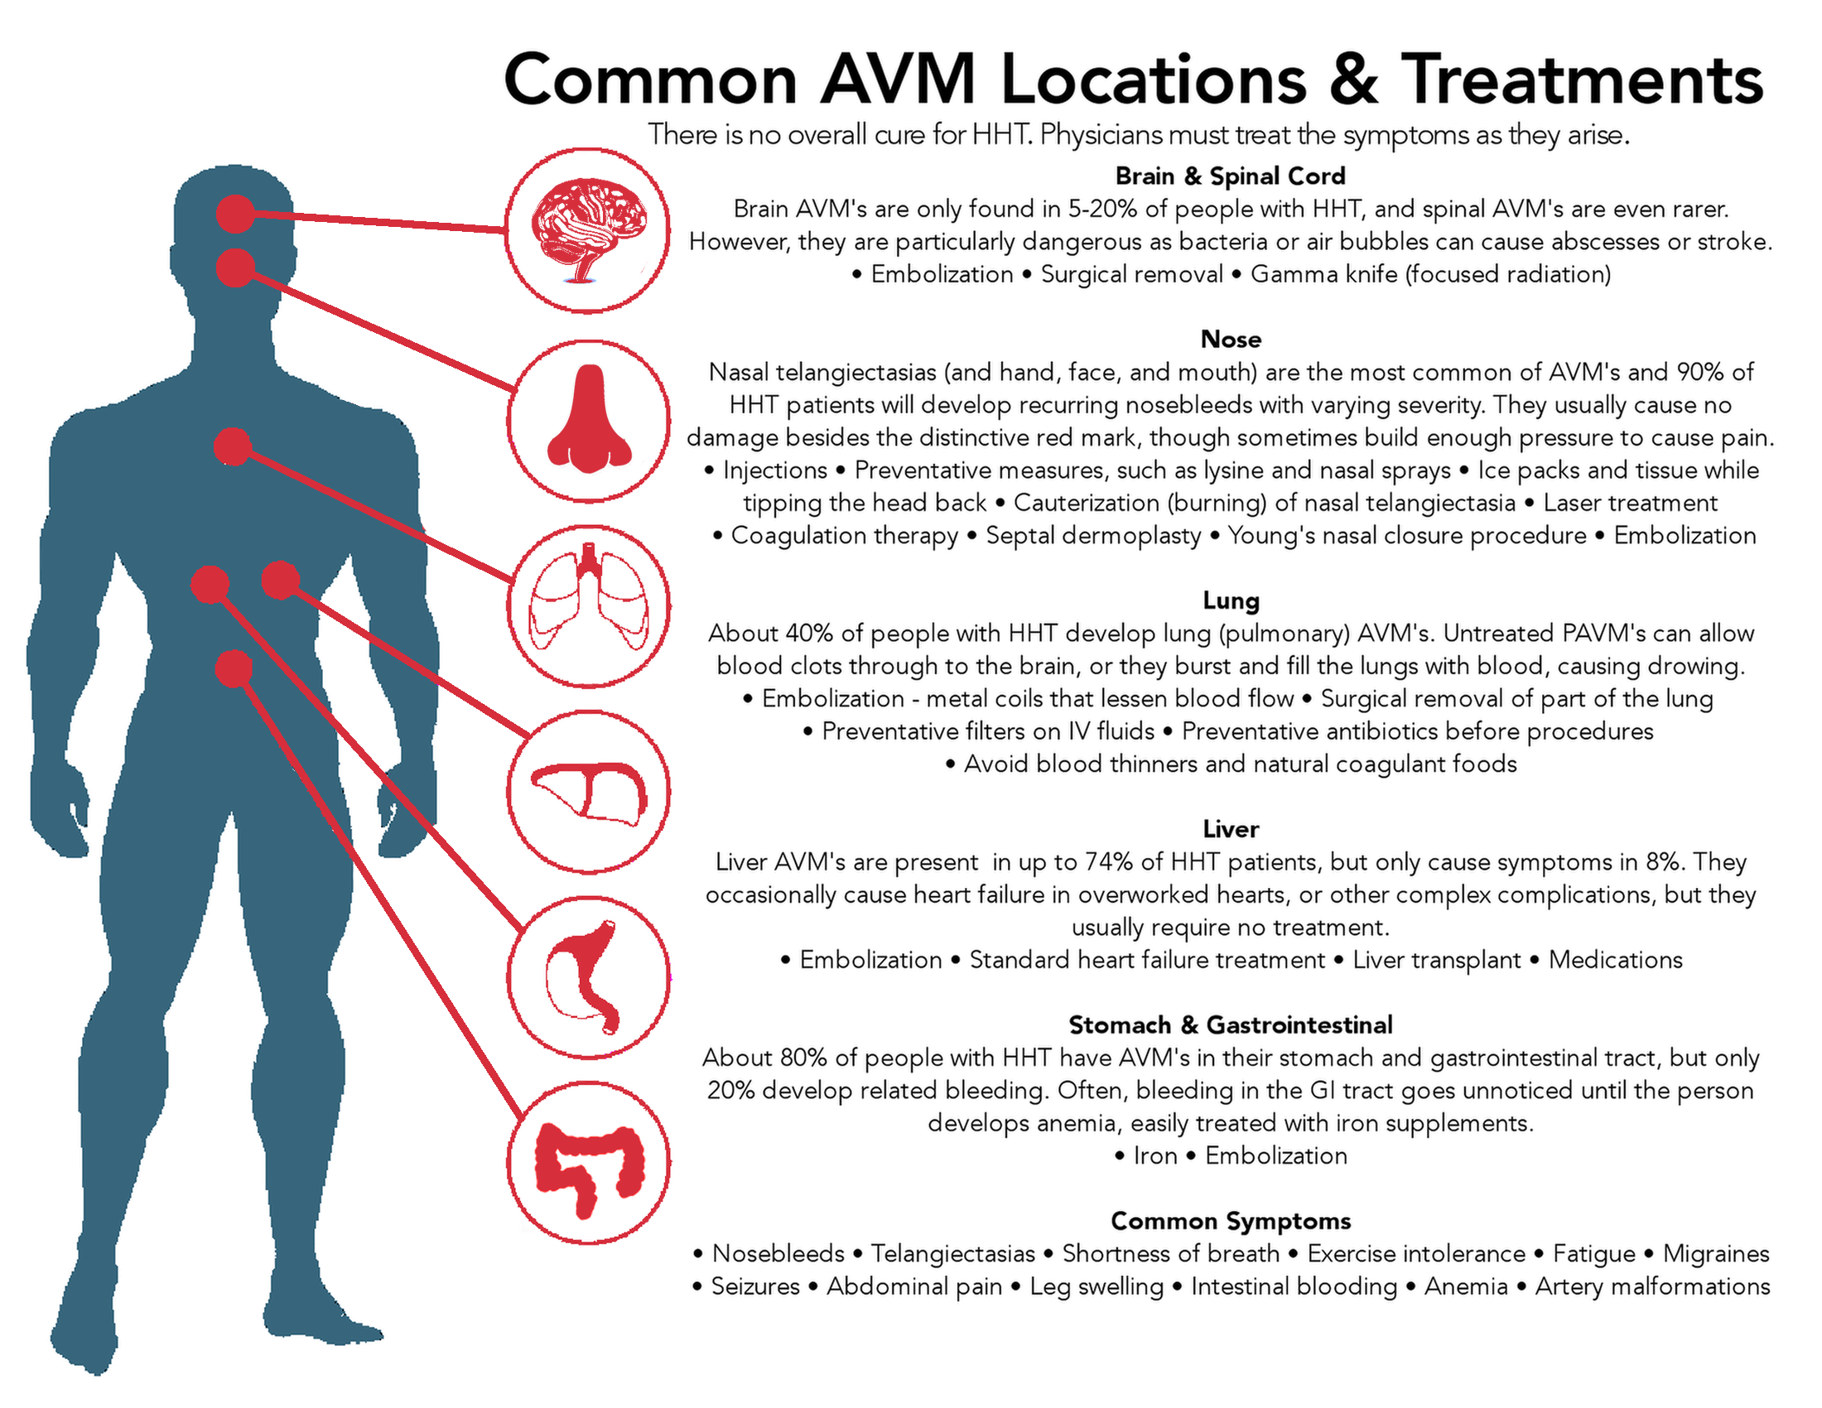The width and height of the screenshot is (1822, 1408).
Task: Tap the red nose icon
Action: tap(589, 419)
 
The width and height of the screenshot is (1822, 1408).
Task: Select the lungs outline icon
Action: tap(589, 597)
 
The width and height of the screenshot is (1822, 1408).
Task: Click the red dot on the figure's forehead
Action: tap(235, 215)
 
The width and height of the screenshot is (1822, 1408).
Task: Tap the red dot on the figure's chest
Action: tap(233, 446)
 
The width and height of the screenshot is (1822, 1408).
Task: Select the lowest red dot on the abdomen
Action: tap(234, 669)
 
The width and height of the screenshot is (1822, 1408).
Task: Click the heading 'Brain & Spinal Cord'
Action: tap(1231, 176)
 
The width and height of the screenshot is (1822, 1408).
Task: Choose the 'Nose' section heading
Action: tap(1231, 340)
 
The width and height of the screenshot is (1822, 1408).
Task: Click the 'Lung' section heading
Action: tap(1231, 600)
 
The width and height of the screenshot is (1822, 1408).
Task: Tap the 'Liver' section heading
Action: tap(1231, 829)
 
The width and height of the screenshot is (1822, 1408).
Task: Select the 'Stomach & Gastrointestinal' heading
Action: tap(1231, 1025)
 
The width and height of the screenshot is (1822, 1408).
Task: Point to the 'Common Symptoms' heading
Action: tap(1231, 1221)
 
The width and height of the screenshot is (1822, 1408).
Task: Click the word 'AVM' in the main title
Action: tap(898, 80)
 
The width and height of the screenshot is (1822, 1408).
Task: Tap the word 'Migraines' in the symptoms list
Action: tap(1716, 1254)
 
